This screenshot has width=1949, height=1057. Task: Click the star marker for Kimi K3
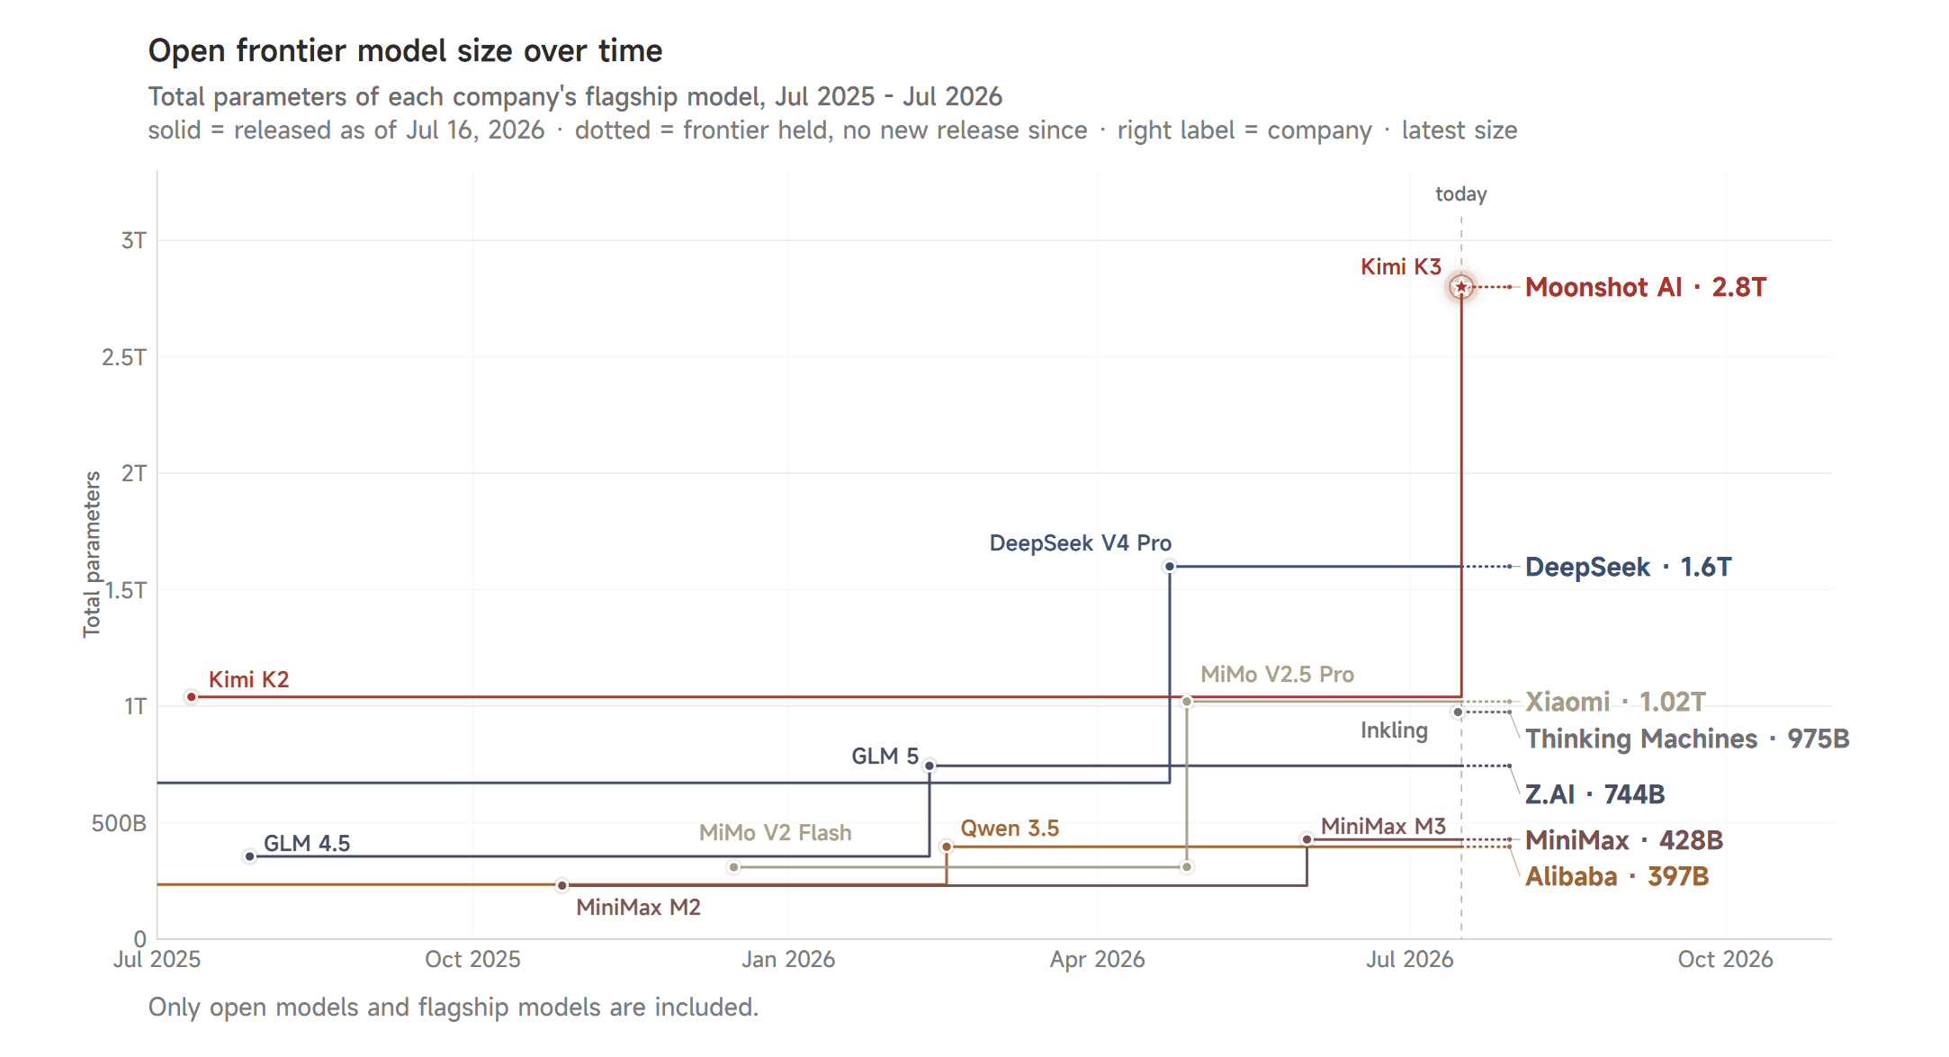(1461, 287)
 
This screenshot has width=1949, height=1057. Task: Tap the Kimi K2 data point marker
(192, 697)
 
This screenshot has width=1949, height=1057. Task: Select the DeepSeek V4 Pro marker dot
(1170, 567)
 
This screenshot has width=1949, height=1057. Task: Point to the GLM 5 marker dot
(930, 766)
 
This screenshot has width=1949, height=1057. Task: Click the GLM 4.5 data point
(250, 856)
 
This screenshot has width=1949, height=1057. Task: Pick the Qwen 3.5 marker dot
(947, 846)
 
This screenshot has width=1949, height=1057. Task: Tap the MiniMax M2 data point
(562, 886)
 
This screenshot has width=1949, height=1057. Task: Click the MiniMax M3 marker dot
(1307, 839)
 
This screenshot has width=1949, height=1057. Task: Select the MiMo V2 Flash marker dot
(734, 867)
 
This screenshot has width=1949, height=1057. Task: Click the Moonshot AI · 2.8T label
(1646, 287)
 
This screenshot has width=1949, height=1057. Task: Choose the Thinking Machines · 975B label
(1687, 739)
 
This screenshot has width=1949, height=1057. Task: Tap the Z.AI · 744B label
(1594, 794)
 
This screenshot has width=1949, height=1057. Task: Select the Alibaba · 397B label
(1617, 876)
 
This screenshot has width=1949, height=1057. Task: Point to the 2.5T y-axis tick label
(124, 357)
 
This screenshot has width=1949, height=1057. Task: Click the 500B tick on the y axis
(119, 823)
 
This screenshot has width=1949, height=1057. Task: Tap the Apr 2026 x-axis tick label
(1097, 960)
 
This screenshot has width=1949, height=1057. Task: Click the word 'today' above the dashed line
(1461, 194)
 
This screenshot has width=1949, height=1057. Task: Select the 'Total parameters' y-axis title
(92, 554)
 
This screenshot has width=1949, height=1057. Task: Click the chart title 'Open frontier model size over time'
(405, 50)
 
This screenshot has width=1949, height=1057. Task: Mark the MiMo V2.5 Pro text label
(1277, 675)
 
